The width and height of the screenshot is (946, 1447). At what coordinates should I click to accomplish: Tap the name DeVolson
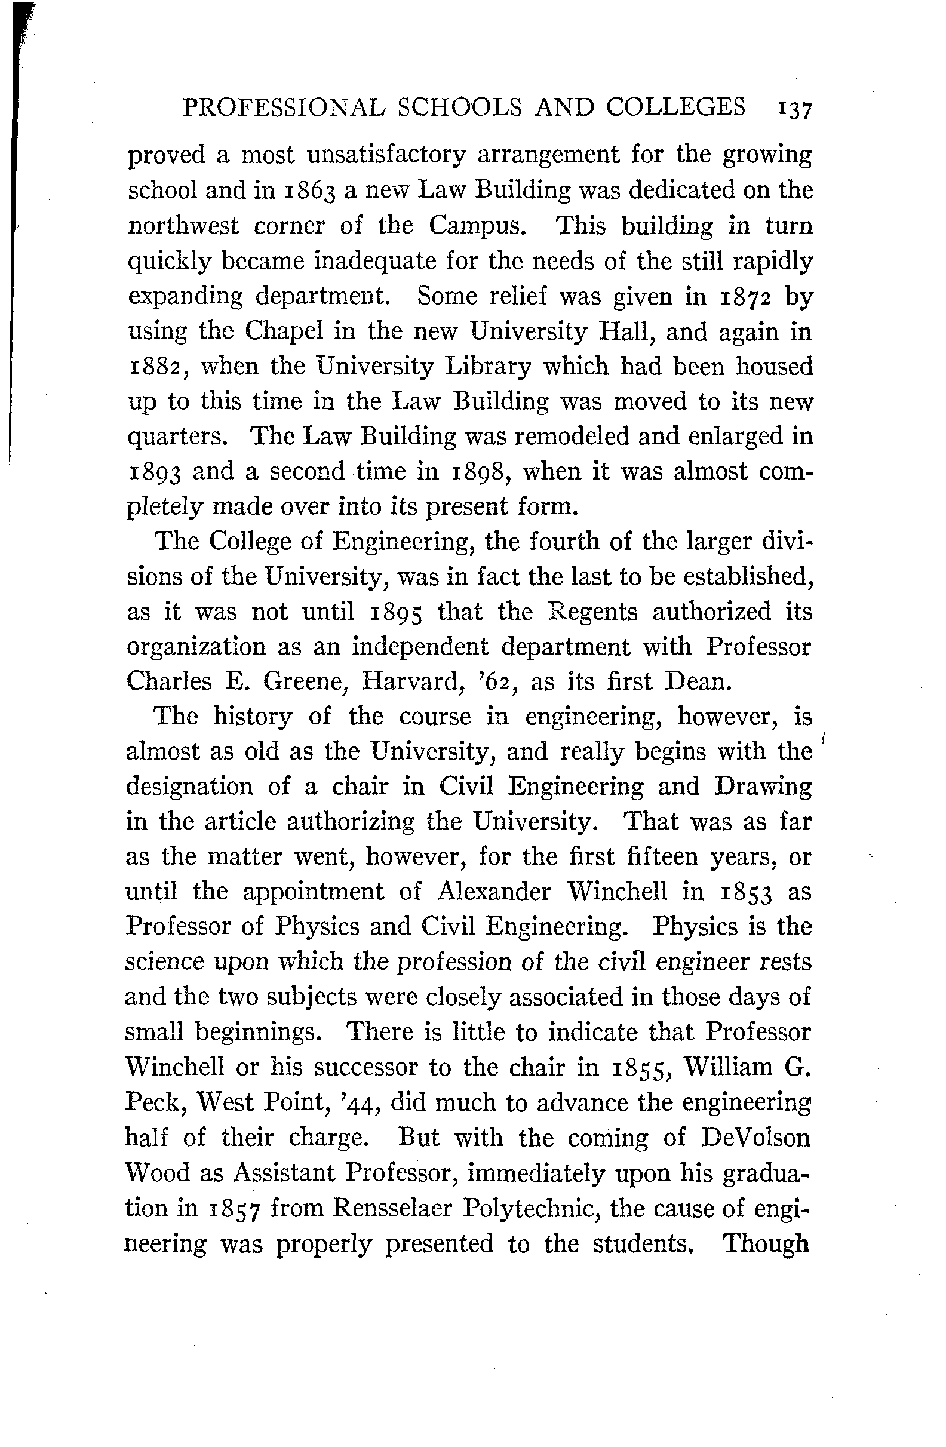(x=755, y=1137)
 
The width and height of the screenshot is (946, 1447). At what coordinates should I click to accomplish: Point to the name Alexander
(x=494, y=892)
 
